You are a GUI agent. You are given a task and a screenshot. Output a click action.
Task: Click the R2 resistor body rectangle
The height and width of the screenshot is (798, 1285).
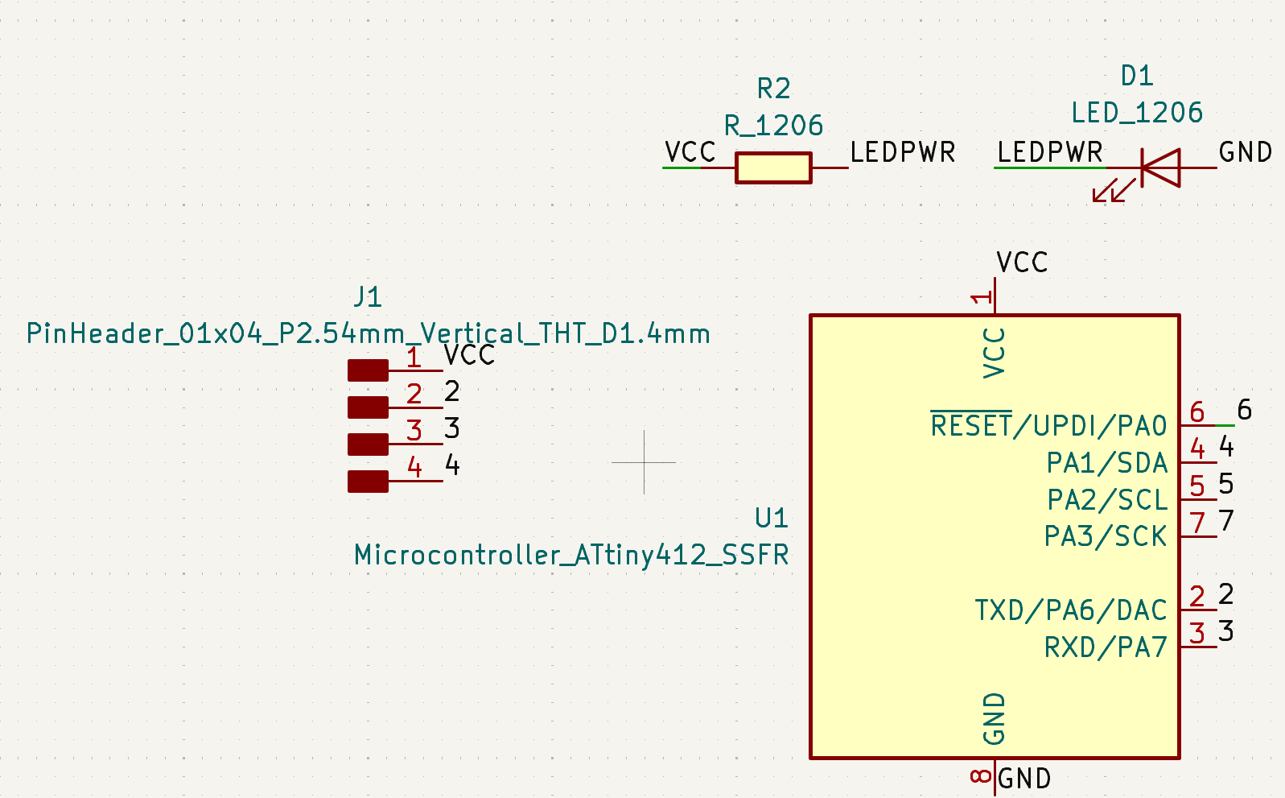[x=772, y=168]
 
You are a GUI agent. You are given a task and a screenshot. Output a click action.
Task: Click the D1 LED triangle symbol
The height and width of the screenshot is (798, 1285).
[x=1160, y=168]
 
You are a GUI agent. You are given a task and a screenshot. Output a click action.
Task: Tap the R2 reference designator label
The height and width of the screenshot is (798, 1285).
[x=774, y=88]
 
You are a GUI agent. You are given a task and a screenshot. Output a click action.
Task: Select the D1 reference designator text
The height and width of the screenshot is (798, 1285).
[x=1137, y=76]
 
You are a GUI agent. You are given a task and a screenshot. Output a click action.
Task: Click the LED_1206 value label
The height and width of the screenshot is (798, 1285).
[x=1137, y=113]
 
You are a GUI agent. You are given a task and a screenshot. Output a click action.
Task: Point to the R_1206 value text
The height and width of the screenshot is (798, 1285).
[x=774, y=126]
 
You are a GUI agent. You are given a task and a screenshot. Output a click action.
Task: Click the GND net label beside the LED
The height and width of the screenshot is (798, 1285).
[x=1245, y=152]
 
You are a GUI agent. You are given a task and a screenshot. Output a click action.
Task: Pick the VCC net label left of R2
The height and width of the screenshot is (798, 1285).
[x=690, y=152]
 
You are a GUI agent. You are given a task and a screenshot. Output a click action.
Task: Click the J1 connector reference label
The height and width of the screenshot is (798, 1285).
[x=368, y=297]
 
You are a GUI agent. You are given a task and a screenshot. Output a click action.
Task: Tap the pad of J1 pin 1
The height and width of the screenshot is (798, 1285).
[x=368, y=370]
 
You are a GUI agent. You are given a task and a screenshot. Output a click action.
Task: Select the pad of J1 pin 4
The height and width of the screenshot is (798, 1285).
[x=368, y=482]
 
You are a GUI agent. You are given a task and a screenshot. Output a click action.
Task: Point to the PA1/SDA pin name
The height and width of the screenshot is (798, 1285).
[x=1106, y=463]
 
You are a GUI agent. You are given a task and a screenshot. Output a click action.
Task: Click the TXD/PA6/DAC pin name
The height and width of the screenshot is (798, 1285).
[x=1070, y=610]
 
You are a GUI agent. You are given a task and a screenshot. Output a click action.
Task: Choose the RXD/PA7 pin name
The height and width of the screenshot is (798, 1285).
[x=1105, y=647]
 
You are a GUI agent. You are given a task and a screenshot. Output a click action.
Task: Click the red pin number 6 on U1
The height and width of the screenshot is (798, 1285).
[x=1197, y=412]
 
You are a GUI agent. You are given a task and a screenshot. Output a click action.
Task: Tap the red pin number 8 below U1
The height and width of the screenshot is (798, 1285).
[x=981, y=776]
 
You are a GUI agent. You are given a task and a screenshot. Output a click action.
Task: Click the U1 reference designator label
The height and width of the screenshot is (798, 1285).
[x=772, y=518]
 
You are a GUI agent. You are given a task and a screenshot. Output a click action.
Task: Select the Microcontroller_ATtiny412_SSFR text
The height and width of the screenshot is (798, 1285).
[x=571, y=555]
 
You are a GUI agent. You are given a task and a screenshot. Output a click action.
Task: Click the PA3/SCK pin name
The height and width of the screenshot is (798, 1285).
[x=1105, y=536]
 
